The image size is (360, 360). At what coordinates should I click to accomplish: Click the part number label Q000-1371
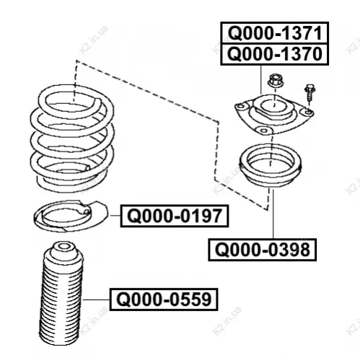pos(274,33)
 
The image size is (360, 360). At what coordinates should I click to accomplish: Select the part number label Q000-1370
pos(274,54)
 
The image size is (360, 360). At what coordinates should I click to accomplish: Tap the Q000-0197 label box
pos(175,216)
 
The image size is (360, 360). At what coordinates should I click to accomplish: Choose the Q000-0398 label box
pos(262,250)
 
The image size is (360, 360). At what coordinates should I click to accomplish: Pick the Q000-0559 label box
pos(164,299)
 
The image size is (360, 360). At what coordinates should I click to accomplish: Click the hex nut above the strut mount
pos(276,81)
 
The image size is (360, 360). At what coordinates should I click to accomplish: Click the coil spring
pos(72,138)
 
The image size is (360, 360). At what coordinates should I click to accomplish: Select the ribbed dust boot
pos(62,293)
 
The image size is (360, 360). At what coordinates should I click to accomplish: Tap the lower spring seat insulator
pos(70,216)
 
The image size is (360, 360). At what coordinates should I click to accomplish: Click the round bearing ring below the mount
pos(270,165)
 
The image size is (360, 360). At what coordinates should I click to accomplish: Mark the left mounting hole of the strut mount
pos(241,106)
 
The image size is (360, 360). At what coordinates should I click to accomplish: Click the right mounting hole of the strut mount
pos(308,112)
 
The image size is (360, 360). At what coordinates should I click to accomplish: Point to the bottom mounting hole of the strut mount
pos(264,131)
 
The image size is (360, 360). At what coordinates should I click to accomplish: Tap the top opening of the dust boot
pos(63,246)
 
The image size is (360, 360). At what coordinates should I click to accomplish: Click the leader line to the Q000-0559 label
pos(97,299)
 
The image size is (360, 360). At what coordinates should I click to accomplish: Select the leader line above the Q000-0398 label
pos(273,214)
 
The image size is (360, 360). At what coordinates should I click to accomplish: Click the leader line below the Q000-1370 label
pos(261,79)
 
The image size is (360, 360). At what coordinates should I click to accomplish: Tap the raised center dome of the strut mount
pos(273,106)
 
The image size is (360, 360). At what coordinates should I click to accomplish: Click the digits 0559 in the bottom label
pos(190,299)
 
